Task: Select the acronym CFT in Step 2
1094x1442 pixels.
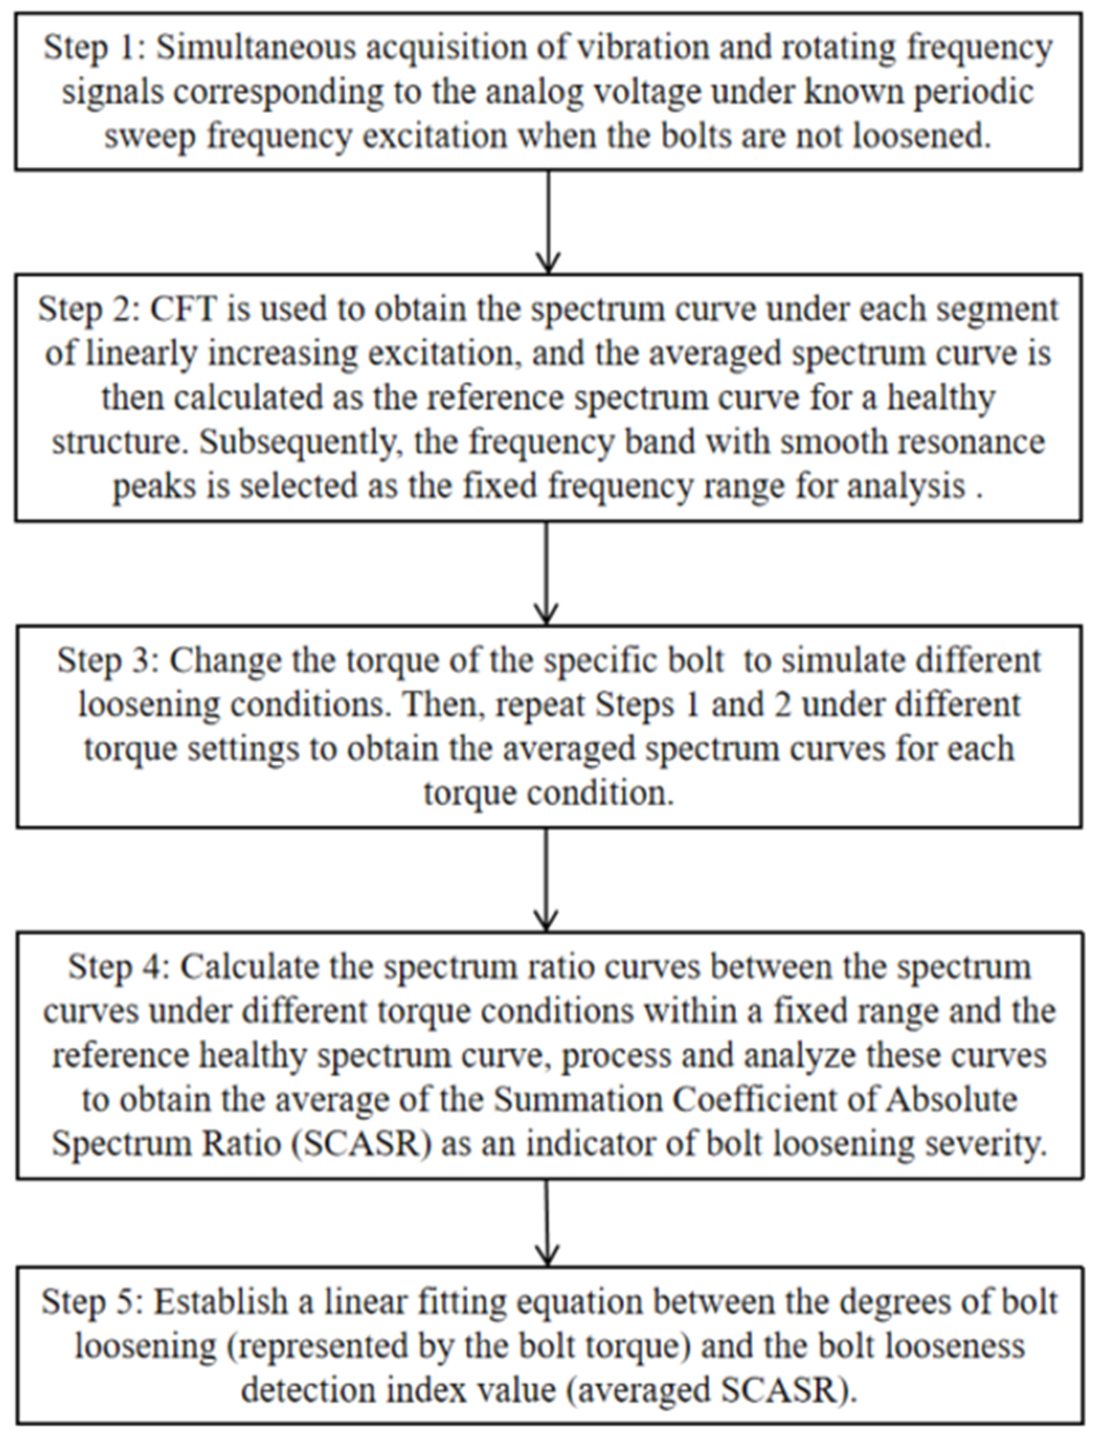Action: [x=183, y=309]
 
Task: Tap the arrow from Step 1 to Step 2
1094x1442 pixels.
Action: [x=548, y=222]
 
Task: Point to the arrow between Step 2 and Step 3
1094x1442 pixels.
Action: [x=546, y=573]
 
